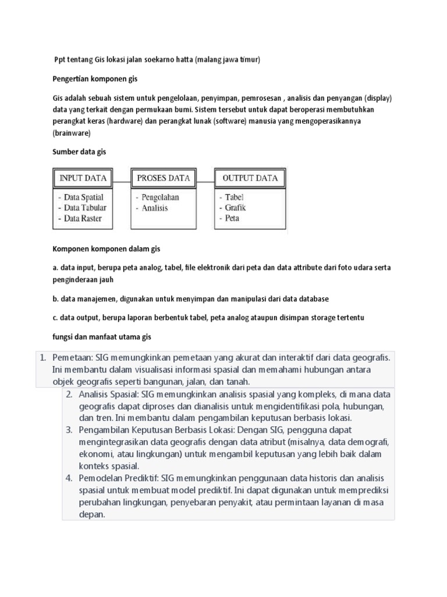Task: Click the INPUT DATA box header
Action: pos(83,178)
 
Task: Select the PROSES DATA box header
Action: pos(164,178)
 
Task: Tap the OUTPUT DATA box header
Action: pos(250,178)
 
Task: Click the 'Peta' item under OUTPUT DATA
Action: pos(232,218)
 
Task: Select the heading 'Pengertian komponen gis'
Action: pos(95,78)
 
